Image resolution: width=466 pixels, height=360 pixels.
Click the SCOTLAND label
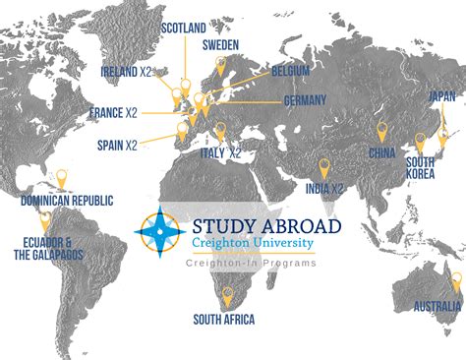[x=184, y=28]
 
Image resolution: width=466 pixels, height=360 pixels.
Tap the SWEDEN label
[x=221, y=45]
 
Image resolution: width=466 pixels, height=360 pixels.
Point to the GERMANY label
[x=305, y=100]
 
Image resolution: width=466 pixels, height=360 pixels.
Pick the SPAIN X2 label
[x=118, y=145]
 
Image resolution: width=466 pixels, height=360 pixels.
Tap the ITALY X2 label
[x=222, y=153]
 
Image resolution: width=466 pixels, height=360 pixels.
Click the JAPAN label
[x=442, y=96]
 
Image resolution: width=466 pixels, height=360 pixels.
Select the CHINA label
[x=382, y=152]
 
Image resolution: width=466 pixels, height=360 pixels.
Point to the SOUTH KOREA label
[x=421, y=167]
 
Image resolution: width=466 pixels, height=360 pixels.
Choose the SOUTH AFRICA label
[x=224, y=319]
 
